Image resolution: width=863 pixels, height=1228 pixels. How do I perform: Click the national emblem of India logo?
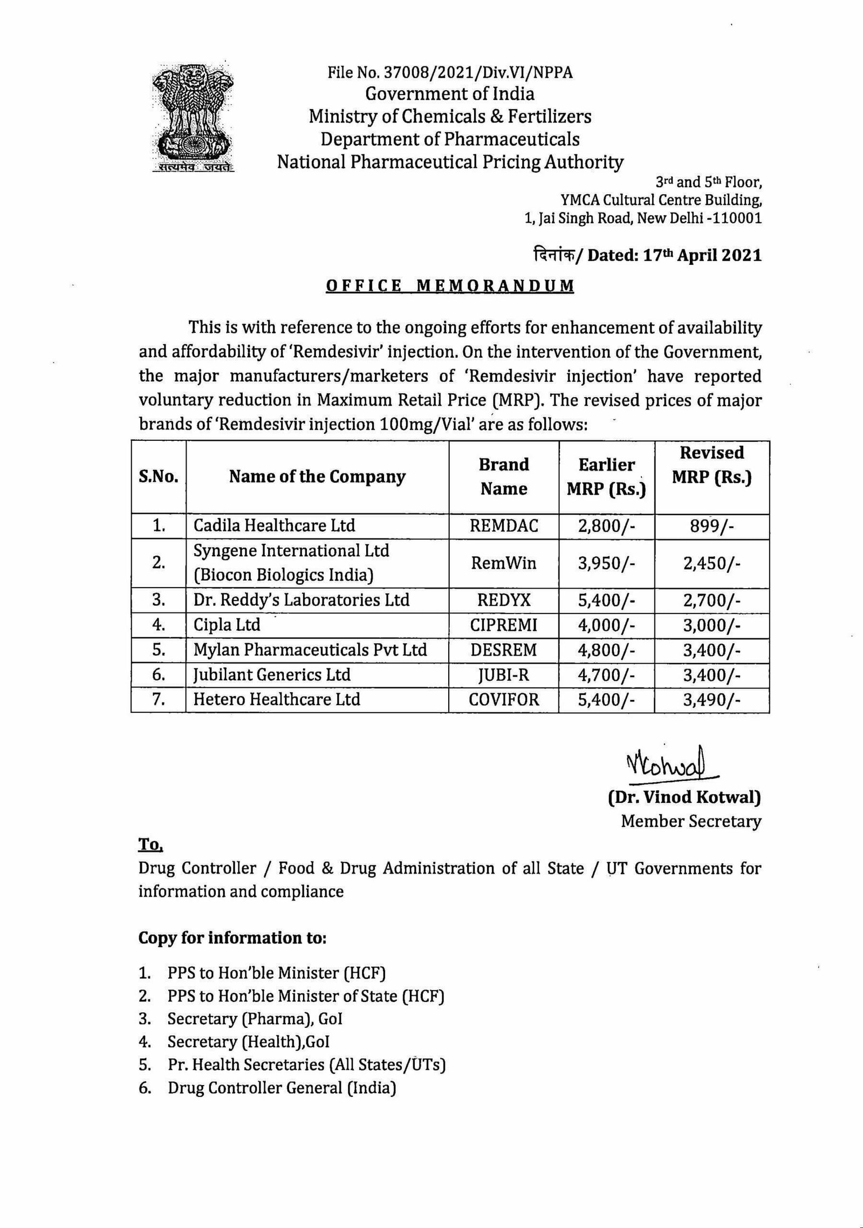(193, 116)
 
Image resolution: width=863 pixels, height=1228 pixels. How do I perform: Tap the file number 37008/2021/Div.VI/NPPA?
(450, 72)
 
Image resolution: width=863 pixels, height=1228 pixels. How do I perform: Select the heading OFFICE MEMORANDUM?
(450, 285)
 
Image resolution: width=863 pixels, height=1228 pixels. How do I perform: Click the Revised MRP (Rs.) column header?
(711, 465)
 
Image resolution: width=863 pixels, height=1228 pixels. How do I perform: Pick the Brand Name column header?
(504, 476)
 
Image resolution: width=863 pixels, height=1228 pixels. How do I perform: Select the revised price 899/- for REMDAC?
(711, 526)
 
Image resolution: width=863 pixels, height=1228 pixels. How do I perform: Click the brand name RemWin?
(504, 563)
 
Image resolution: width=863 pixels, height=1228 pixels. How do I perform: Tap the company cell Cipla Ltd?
(227, 625)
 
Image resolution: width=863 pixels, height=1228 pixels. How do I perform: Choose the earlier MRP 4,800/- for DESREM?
(607, 650)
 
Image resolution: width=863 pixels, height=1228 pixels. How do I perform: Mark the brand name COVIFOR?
(504, 700)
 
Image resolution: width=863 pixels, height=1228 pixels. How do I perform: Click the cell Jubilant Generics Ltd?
(272, 675)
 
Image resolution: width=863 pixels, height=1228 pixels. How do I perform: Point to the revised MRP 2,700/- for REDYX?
(711, 600)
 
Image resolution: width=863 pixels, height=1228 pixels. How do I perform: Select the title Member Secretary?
(691, 821)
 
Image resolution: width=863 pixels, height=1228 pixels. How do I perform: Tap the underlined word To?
(150, 845)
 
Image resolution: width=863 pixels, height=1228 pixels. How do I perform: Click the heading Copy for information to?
(232, 938)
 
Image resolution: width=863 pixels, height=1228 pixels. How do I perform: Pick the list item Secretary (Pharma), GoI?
(255, 1019)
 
